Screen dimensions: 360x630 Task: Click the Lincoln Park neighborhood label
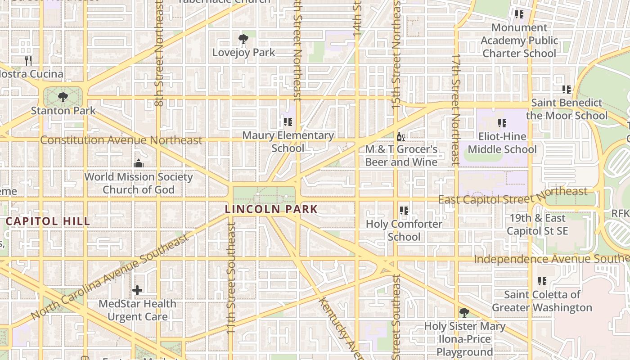(x=271, y=209)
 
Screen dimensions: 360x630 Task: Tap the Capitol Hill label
(x=48, y=221)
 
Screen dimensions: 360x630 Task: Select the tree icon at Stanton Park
(x=63, y=97)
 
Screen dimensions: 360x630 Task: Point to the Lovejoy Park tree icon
(x=243, y=39)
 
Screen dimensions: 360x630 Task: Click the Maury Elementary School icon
(x=288, y=122)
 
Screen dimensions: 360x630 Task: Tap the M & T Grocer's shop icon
(x=400, y=136)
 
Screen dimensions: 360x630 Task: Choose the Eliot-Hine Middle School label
(x=502, y=143)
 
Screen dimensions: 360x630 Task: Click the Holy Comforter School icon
(x=404, y=211)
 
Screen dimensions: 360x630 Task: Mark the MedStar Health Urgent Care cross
(x=137, y=290)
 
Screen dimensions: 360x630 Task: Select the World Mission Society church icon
(x=139, y=163)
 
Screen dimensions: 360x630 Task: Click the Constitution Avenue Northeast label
(x=121, y=140)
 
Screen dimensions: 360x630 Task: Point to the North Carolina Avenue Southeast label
(x=110, y=276)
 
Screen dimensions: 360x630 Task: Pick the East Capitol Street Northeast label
(x=513, y=196)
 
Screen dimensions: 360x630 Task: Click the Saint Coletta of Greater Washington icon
(x=542, y=281)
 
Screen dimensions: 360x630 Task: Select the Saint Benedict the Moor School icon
(x=566, y=90)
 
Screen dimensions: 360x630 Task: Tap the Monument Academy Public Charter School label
(x=519, y=40)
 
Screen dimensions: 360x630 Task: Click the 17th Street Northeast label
(x=456, y=110)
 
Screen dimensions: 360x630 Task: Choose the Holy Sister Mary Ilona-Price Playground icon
(x=464, y=312)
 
